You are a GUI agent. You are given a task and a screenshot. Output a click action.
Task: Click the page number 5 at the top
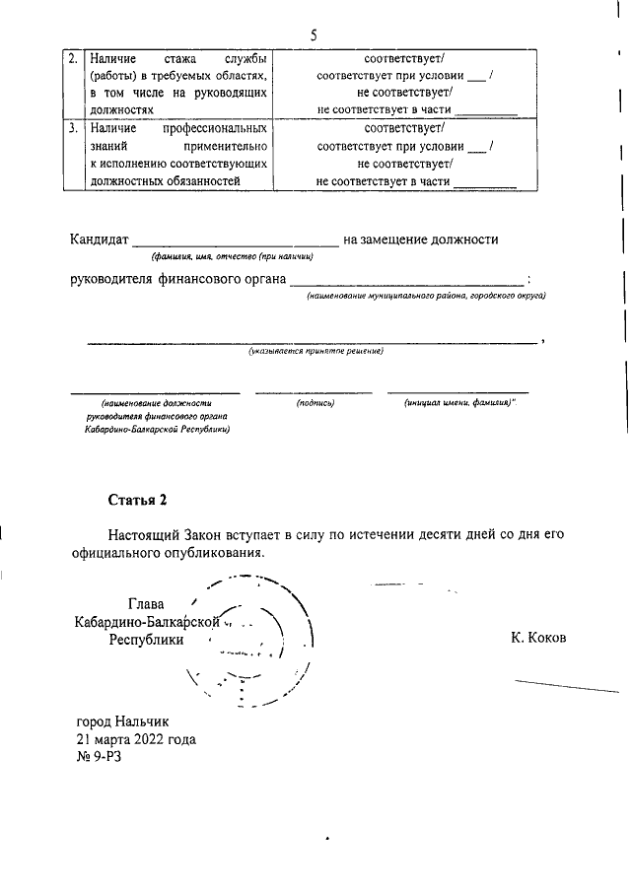314,35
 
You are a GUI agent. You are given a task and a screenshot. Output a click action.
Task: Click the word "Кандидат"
99,240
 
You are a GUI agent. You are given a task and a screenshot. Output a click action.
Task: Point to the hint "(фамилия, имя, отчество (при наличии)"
232,256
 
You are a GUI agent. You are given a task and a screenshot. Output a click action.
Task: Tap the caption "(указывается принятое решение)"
315,351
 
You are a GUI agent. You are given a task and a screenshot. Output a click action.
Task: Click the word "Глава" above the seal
146,603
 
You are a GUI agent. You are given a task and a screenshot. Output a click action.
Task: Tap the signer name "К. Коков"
538,638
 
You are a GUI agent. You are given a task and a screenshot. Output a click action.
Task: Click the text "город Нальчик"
123,720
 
